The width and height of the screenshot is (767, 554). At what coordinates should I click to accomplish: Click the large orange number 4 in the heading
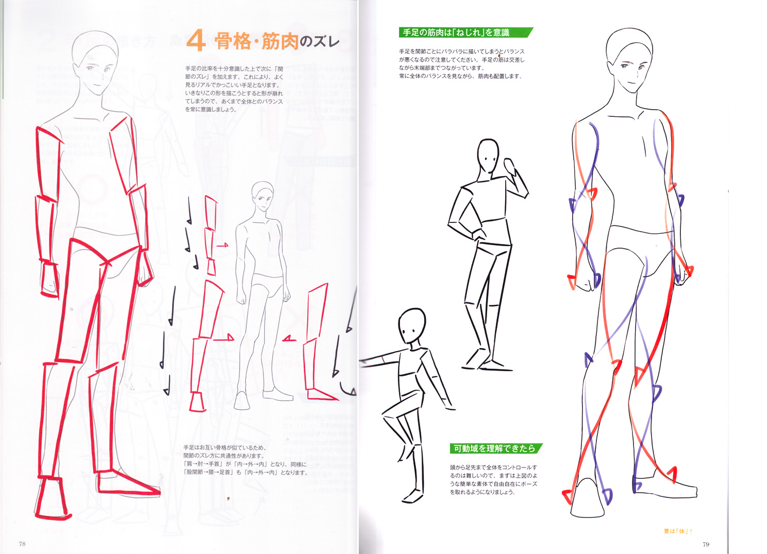[x=196, y=41]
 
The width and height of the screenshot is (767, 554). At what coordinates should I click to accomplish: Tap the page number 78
[x=22, y=544]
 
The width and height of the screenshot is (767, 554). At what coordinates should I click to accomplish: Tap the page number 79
[x=706, y=544]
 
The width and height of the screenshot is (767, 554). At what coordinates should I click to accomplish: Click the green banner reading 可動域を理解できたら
[x=495, y=448]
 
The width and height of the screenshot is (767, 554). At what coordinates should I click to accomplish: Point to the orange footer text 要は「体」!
[x=678, y=531]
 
